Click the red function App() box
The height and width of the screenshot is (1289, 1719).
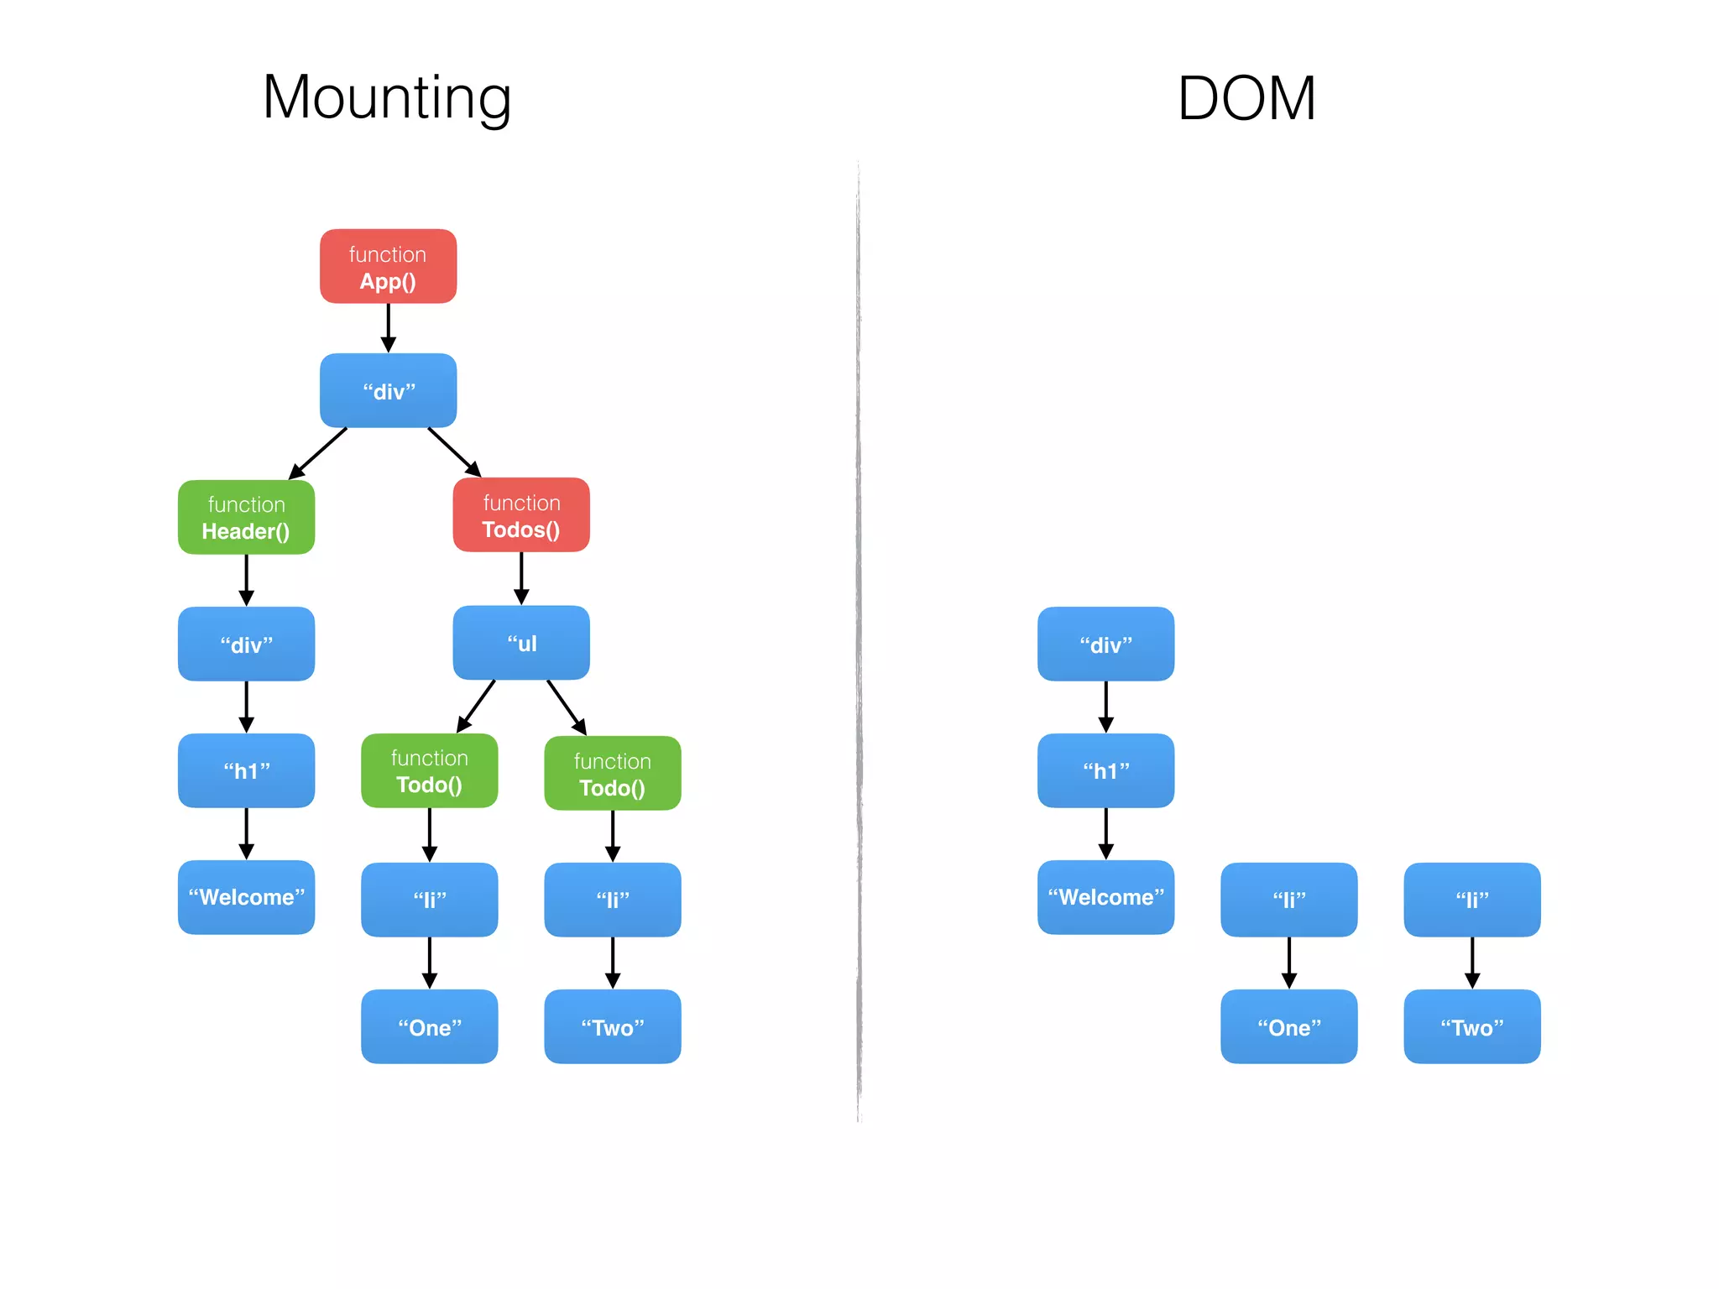[388, 266]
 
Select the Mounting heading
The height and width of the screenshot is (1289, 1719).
[387, 98]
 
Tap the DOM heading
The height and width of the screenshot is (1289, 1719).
[1246, 99]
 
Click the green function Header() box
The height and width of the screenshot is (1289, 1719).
[246, 517]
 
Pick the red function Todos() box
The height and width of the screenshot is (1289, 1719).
[521, 515]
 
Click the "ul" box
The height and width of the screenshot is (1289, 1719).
[521, 643]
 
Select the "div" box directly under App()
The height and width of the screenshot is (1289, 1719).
[388, 391]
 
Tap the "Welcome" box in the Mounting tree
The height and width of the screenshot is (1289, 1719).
[246, 897]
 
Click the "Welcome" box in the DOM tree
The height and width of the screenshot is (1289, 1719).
[1105, 897]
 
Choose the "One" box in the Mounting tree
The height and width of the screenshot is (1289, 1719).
[429, 1026]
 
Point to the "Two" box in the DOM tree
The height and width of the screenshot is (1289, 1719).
[1471, 1026]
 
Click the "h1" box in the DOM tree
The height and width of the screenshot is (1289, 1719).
[1105, 770]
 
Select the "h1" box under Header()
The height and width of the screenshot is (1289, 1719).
[246, 770]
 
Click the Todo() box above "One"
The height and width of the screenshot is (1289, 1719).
[429, 771]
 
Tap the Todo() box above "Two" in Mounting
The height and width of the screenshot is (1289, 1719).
[612, 774]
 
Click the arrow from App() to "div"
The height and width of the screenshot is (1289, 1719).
[388, 327]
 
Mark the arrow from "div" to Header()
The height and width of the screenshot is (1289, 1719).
[319, 453]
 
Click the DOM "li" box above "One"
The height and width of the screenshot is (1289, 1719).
[1288, 900]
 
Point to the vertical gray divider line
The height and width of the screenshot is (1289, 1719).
[859, 638]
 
